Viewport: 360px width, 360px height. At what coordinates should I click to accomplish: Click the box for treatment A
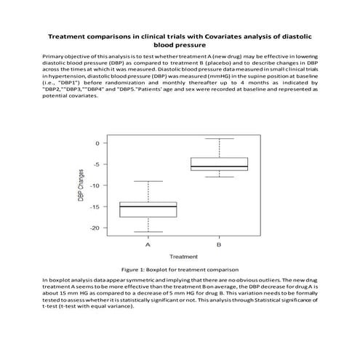[148, 209]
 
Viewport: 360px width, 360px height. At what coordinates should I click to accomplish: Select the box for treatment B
[219, 164]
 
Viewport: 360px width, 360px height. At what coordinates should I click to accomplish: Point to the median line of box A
[148, 207]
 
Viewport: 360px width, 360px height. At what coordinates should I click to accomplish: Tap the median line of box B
[219, 167]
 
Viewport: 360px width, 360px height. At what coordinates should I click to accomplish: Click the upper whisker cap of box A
[148, 181]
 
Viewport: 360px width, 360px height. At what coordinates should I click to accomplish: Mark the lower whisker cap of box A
[148, 232]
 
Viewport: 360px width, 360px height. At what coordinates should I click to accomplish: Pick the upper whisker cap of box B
[219, 138]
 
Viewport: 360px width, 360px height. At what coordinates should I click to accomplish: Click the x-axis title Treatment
[183, 256]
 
